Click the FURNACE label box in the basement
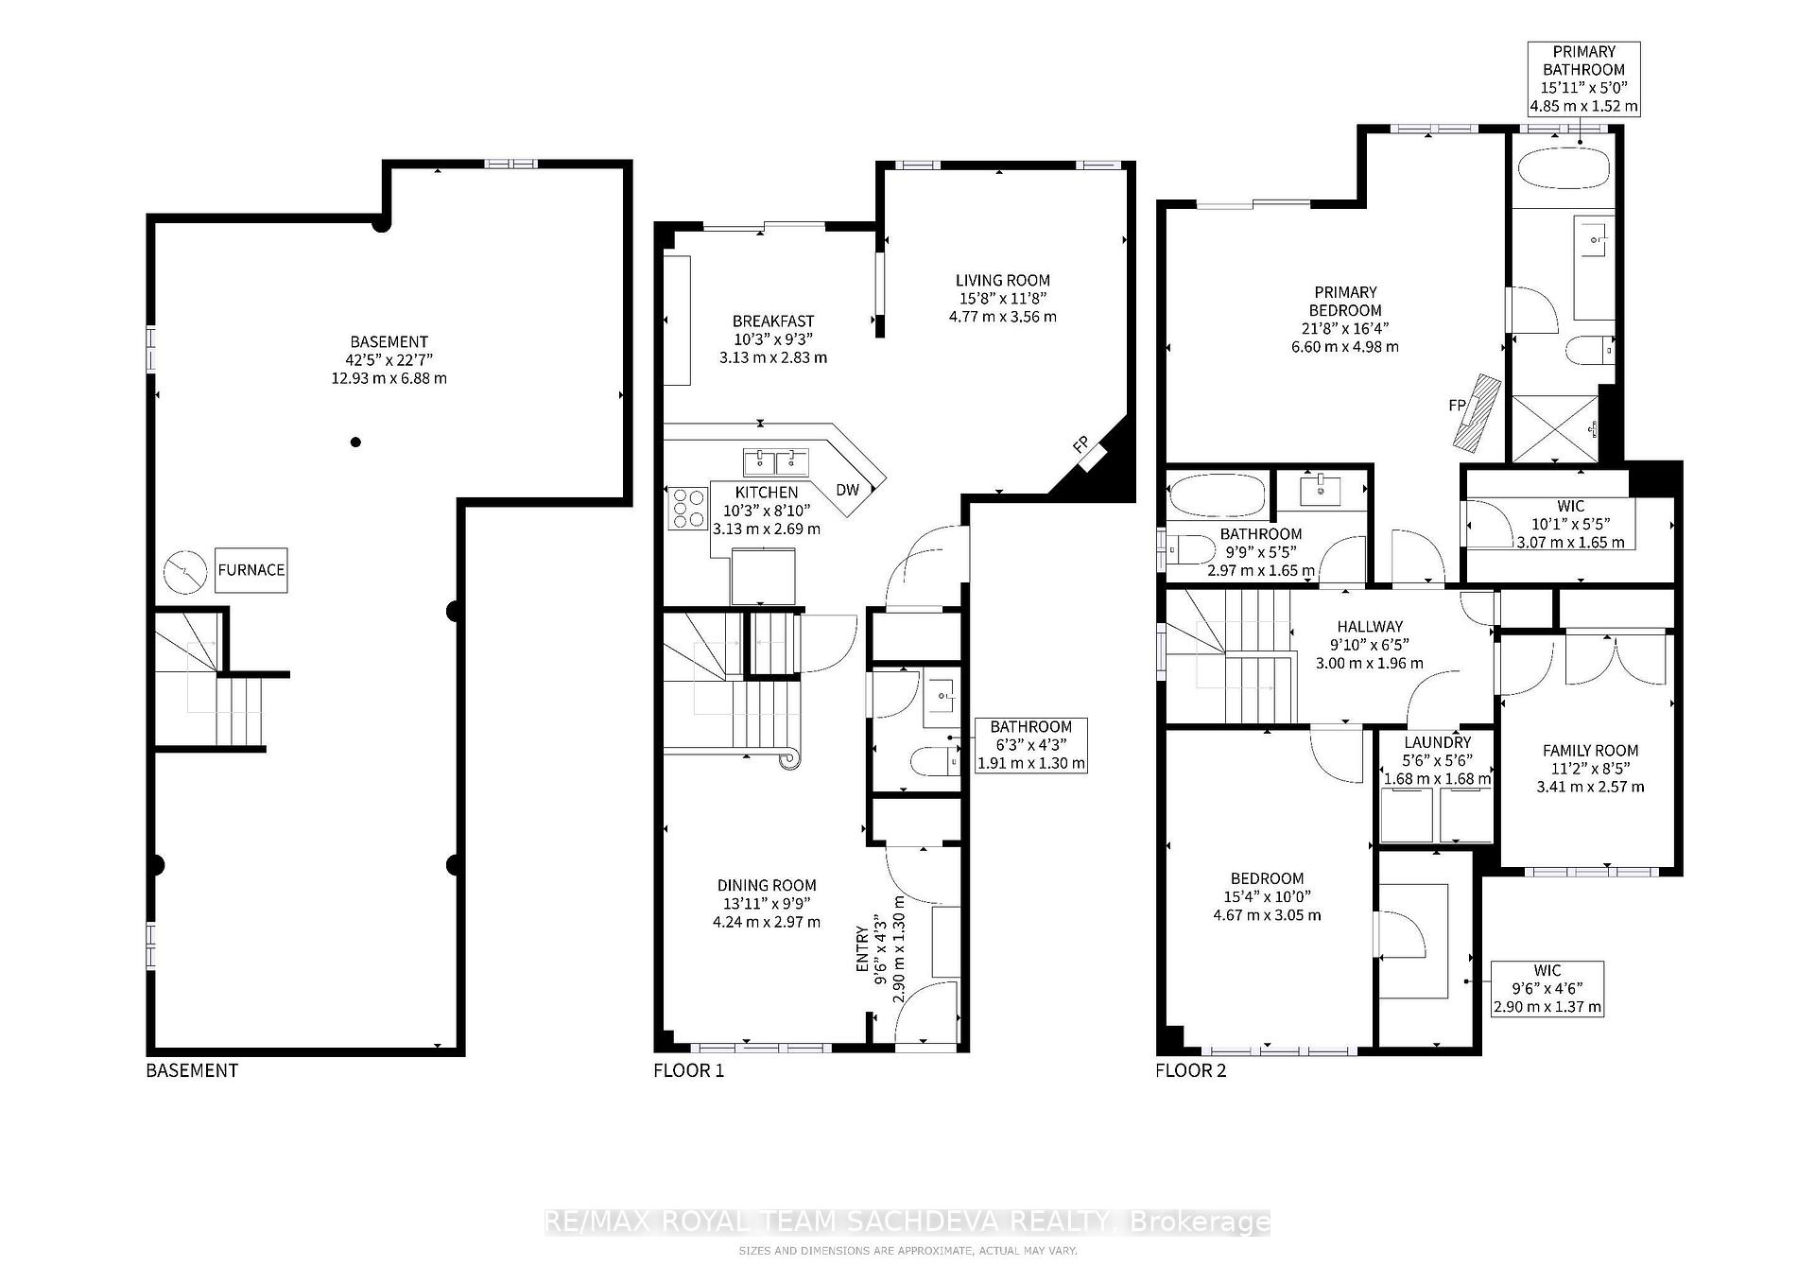[x=251, y=570]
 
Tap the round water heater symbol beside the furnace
[x=185, y=571]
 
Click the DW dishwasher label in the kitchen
[x=848, y=489]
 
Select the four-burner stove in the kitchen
[x=688, y=508]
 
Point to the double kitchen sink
[x=775, y=462]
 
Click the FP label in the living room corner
[x=1080, y=443]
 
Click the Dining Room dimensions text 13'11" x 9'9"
[x=766, y=903]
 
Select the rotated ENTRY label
[x=862, y=948]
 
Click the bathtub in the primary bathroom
[x=1563, y=173]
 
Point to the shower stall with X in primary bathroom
[x=1555, y=428]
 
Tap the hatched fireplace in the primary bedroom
[x=1477, y=413]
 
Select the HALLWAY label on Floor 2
[x=1370, y=626]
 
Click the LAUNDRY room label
[x=1437, y=743]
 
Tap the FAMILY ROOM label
[x=1590, y=750]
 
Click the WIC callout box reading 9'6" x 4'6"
[x=1547, y=988]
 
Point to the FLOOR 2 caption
[x=1190, y=1070]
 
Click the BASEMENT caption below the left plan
[x=192, y=1070]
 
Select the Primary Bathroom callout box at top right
[x=1583, y=78]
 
